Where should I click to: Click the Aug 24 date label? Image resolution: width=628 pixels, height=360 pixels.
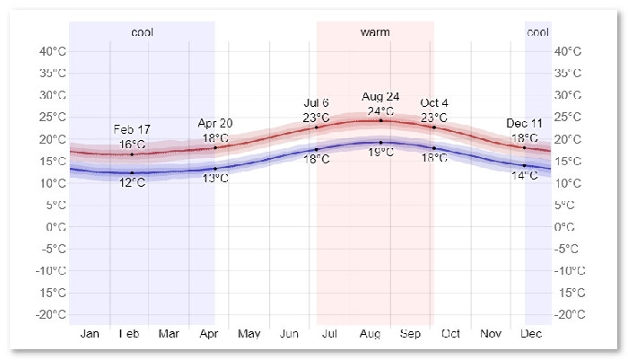click(x=380, y=96)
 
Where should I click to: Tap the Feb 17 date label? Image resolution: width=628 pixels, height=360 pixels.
click(x=132, y=129)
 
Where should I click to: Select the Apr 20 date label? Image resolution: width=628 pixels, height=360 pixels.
click(x=215, y=123)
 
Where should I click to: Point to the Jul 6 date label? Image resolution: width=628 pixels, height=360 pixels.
click(x=317, y=102)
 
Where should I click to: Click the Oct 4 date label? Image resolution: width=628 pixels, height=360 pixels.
click(x=434, y=102)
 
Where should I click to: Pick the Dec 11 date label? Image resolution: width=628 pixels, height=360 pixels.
click(x=524, y=123)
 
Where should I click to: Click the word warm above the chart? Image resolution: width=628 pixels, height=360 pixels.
click(x=375, y=32)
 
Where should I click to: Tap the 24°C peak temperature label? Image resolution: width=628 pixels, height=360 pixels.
click(x=380, y=111)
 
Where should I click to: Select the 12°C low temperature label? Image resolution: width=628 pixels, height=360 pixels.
click(x=132, y=184)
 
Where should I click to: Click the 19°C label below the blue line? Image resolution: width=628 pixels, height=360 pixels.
click(x=380, y=153)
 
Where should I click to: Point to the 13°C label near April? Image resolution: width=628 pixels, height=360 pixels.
click(x=215, y=179)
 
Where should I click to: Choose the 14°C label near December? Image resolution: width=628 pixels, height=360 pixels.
click(x=524, y=175)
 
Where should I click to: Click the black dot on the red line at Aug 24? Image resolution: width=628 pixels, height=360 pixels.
click(x=380, y=120)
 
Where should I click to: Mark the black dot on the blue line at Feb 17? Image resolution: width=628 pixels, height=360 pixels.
click(x=132, y=172)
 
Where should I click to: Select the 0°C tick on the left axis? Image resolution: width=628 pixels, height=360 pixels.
click(x=55, y=226)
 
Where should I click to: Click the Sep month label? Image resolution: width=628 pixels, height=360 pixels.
click(x=410, y=334)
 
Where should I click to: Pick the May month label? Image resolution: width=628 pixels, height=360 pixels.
click(x=249, y=334)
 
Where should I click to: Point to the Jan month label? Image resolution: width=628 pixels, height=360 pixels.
click(x=90, y=334)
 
